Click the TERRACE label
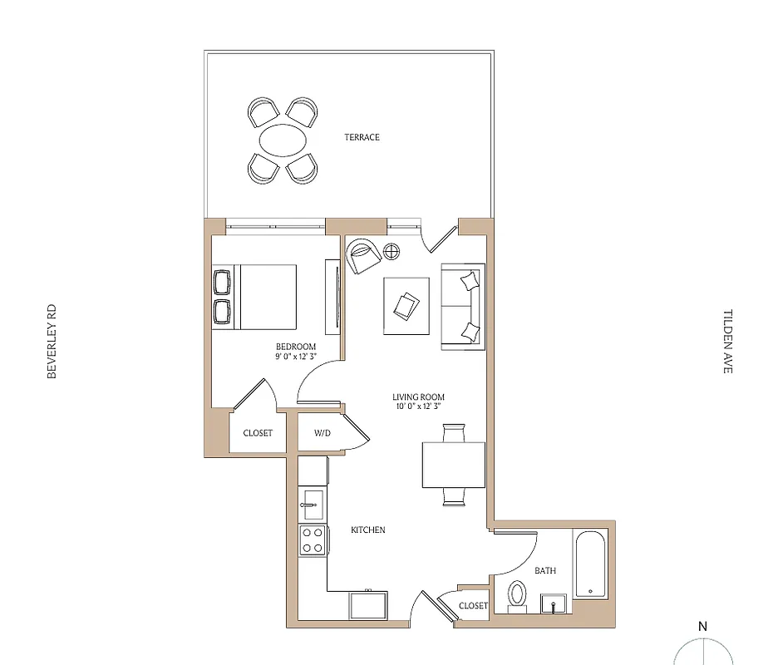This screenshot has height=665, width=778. (362, 137)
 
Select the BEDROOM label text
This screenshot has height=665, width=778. (296, 347)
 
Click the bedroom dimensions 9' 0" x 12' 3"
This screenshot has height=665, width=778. (296, 357)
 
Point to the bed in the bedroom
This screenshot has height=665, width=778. (263, 297)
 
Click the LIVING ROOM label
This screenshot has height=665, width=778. (419, 397)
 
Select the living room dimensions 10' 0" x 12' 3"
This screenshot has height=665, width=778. (419, 407)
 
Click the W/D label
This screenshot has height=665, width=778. (323, 433)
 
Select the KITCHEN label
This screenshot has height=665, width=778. (367, 530)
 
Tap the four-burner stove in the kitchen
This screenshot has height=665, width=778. (313, 540)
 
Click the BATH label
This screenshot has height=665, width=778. (544, 571)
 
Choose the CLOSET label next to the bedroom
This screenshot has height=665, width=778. (258, 433)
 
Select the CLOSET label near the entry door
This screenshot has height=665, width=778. (473, 606)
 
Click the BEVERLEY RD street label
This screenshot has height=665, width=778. (52, 342)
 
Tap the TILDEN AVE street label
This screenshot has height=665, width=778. (727, 342)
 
